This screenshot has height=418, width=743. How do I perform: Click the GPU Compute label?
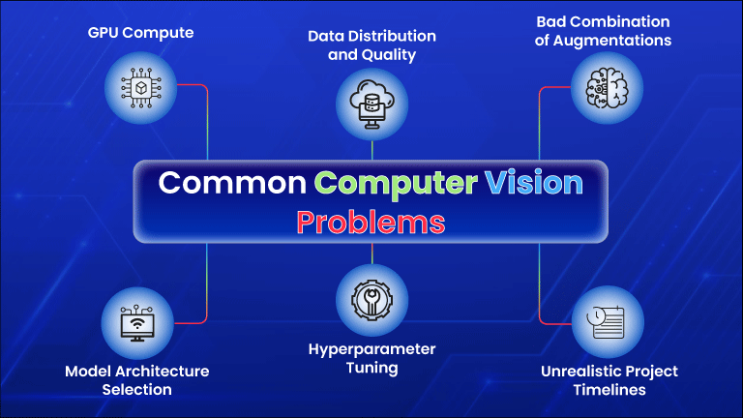coord(140,33)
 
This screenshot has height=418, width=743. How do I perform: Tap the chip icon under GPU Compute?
coord(140,88)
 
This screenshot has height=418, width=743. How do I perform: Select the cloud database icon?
coord(371,104)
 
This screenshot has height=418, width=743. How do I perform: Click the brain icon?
coord(607,88)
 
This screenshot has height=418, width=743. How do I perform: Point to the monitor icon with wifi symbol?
coord(137,323)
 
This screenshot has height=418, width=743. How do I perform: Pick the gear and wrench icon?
coord(371,300)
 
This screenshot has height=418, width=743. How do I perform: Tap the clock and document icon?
coord(606,322)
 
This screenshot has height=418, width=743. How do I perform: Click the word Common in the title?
coord(232,183)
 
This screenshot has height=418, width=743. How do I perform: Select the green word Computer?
coord(396,184)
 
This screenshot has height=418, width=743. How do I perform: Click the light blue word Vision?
coord(534,183)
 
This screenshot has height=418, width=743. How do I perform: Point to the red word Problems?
coord(371,223)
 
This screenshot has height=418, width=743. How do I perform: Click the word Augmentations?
coord(612,41)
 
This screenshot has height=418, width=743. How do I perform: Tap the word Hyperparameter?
coord(371,349)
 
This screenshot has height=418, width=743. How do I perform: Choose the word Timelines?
coord(609,390)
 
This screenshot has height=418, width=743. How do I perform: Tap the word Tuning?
coord(371,369)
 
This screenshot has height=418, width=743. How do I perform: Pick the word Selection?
coord(137,390)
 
